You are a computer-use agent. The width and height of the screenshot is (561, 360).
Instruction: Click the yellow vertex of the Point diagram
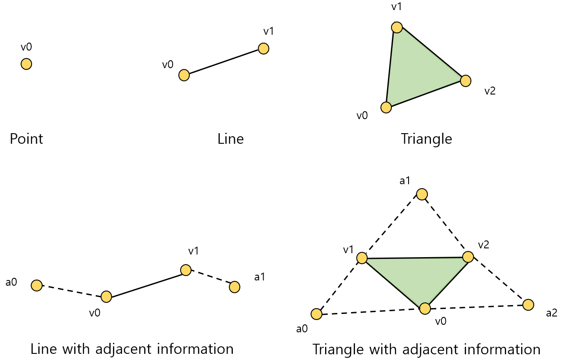(x=26, y=64)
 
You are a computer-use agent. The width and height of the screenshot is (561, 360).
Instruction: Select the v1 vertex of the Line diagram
(x=264, y=48)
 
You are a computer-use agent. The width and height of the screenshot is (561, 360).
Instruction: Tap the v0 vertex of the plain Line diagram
(x=184, y=75)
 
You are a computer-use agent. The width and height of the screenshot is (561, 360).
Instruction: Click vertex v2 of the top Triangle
(x=466, y=80)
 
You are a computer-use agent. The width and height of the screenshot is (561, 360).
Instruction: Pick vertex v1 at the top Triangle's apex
(x=397, y=27)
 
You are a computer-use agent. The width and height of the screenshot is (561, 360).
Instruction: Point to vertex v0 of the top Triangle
(x=386, y=107)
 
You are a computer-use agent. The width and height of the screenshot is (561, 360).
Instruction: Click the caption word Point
(x=26, y=139)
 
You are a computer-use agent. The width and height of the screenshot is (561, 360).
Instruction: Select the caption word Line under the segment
(x=230, y=139)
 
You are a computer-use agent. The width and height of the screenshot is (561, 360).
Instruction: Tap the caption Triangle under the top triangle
(x=426, y=139)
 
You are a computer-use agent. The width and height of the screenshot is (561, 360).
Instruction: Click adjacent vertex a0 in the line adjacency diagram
(x=37, y=286)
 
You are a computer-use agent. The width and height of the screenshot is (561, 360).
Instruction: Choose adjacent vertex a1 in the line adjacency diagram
(x=235, y=287)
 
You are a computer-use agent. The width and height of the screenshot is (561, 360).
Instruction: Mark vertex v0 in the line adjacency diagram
(x=106, y=297)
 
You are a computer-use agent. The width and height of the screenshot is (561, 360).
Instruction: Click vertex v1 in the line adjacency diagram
(x=186, y=270)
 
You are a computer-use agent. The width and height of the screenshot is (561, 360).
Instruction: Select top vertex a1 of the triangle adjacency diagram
(x=422, y=194)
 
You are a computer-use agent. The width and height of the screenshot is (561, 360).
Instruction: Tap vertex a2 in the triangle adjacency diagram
(x=528, y=304)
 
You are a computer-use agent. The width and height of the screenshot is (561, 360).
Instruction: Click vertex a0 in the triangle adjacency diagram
(x=316, y=314)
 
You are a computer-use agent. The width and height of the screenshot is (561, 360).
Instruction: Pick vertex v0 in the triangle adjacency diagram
(x=425, y=309)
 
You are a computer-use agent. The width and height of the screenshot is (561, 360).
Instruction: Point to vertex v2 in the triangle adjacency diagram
(x=468, y=257)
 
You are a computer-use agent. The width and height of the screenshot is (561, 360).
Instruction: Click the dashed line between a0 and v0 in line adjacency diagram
(x=72, y=291)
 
